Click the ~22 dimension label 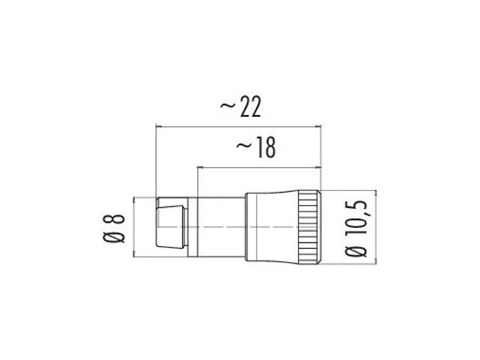(240, 109)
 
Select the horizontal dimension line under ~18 (259, 166)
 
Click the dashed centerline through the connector (225, 226)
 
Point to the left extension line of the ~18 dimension (197, 180)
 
